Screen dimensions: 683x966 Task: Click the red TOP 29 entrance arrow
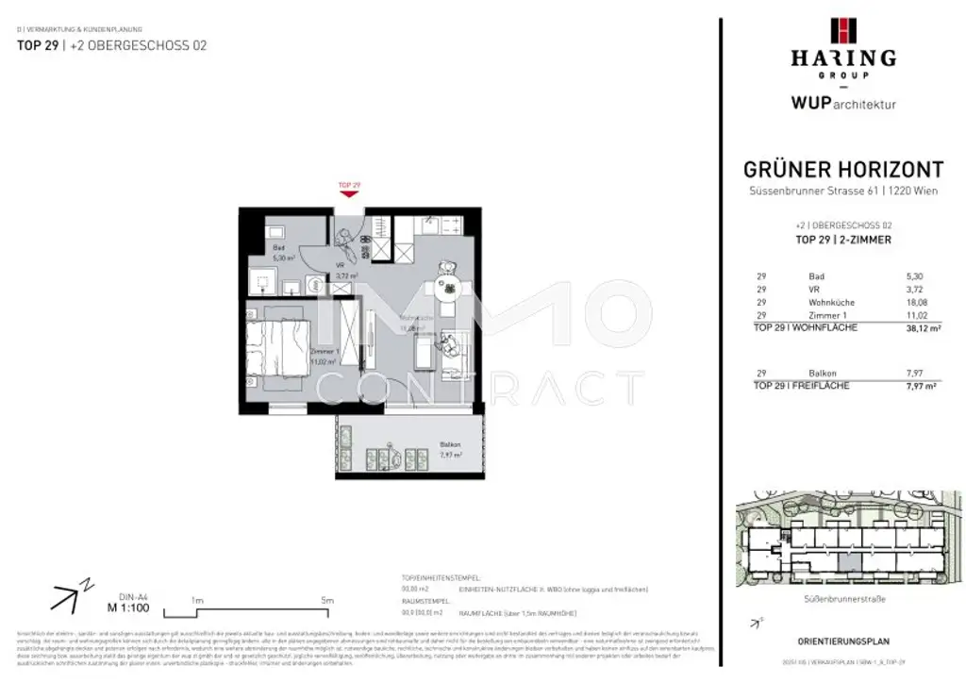[349, 193]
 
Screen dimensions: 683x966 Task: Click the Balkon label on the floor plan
[450, 444]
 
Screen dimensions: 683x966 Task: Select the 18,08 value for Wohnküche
[905, 302]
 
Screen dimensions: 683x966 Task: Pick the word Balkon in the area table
[823, 374]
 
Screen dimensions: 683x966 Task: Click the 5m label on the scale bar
[327, 599]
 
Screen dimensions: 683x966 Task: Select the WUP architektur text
[842, 105]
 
